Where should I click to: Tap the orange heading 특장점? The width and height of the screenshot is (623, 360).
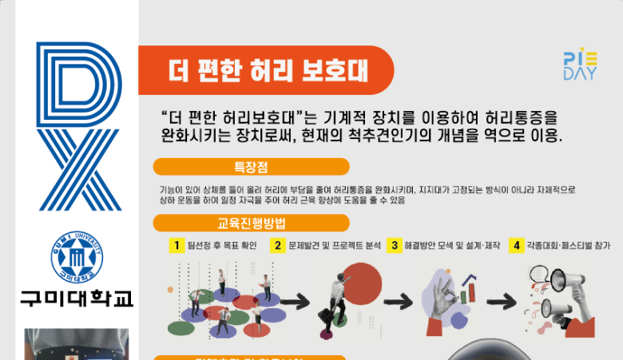[x=251, y=167]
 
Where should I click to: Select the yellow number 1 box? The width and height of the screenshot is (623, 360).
[x=176, y=246]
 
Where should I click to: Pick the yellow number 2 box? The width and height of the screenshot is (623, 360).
[x=278, y=246]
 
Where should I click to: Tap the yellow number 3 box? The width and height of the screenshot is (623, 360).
[x=394, y=246]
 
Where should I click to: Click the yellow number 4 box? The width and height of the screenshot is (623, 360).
[x=517, y=246]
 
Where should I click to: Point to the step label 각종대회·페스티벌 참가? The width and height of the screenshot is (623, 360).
[x=568, y=246]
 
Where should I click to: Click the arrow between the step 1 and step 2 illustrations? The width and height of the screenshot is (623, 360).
[x=294, y=302]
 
